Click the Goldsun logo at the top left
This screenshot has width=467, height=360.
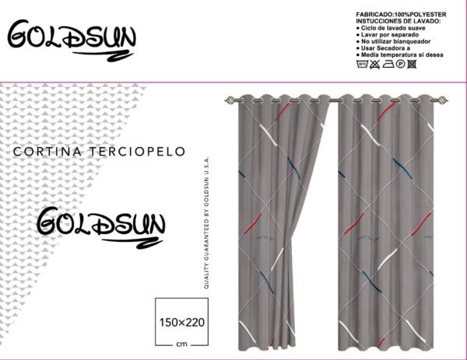click(72, 40)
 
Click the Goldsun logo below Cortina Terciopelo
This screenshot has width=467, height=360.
click(100, 228)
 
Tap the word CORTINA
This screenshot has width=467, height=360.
click(47, 152)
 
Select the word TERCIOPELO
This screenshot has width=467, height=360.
click(137, 152)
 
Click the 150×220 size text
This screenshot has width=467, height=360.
click(182, 323)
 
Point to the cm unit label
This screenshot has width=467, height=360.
click(181, 344)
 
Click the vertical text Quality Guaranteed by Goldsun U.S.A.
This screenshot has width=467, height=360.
click(206, 222)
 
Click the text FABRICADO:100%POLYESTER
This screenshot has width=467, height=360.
click(401, 15)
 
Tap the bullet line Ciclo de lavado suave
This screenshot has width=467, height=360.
click(391, 28)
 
